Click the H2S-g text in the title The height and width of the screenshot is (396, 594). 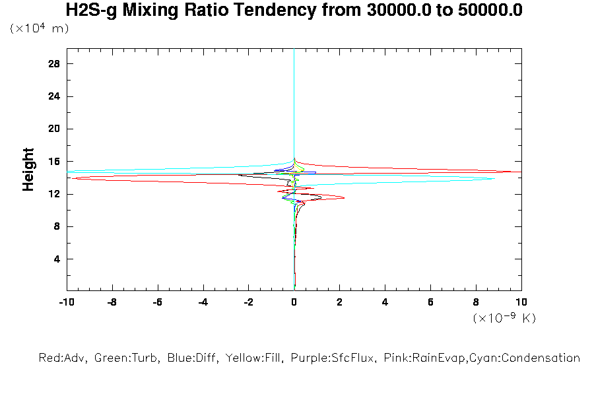pyautogui.click(x=93, y=10)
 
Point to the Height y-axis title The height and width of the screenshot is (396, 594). pyautogui.click(x=28, y=170)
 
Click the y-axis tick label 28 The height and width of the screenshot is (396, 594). pyautogui.click(x=54, y=64)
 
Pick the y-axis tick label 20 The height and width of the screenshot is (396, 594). pyautogui.click(x=54, y=129)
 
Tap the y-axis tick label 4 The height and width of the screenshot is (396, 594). pyautogui.click(x=57, y=259)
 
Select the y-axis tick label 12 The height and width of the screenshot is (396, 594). pyautogui.click(x=54, y=194)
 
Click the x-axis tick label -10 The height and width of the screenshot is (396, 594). pyautogui.click(x=66, y=302)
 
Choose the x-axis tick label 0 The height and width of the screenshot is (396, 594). pyautogui.click(x=294, y=302)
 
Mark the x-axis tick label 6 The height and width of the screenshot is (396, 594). pyautogui.click(x=430, y=302)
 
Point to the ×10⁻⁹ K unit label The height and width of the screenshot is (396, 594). pyautogui.click(x=504, y=319)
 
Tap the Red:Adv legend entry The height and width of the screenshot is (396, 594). pyautogui.click(x=63, y=358)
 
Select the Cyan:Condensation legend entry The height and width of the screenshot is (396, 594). pyautogui.click(x=535, y=358)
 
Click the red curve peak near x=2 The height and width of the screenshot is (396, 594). pyautogui.click(x=344, y=197)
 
